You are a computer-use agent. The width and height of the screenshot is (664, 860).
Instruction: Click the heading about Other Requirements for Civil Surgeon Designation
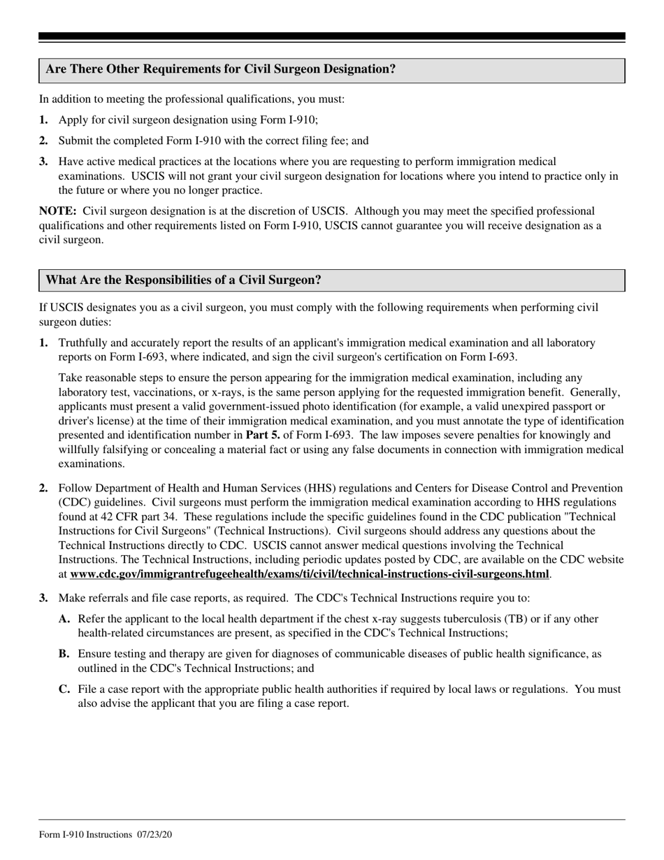click(x=220, y=70)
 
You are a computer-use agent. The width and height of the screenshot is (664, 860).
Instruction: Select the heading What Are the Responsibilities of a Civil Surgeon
click(x=183, y=280)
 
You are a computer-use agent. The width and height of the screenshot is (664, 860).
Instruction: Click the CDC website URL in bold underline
click(x=309, y=575)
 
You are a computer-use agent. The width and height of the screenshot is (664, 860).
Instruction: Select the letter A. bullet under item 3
click(x=64, y=619)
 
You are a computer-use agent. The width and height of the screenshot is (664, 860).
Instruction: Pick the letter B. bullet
click(x=64, y=654)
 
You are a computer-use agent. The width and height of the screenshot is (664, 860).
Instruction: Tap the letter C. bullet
click(x=64, y=689)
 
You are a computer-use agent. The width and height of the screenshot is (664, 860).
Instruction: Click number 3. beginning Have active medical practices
click(x=43, y=162)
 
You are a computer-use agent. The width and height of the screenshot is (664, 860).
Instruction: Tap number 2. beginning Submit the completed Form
click(x=43, y=141)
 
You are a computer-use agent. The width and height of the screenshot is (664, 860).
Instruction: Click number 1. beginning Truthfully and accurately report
click(x=43, y=343)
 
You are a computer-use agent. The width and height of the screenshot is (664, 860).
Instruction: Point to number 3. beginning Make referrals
click(x=43, y=599)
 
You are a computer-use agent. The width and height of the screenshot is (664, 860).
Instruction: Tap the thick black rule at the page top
click(x=331, y=36)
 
